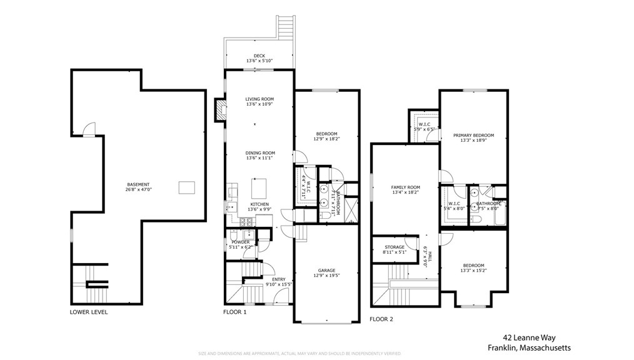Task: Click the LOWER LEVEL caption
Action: pos(88,312)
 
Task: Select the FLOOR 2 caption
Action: pos(381,319)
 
